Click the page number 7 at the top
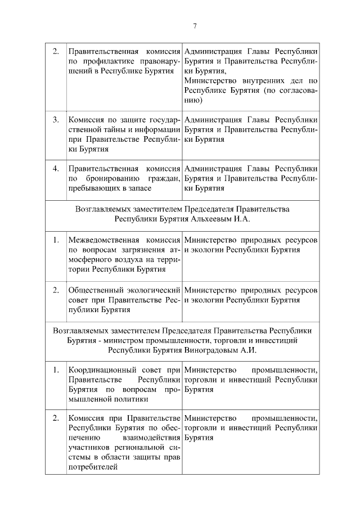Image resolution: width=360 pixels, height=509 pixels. pos(195,25)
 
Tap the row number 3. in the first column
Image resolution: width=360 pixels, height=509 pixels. pos(56,120)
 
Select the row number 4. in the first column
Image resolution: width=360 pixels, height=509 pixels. pos(56,168)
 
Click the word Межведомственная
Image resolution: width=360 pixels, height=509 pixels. pos(102,240)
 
